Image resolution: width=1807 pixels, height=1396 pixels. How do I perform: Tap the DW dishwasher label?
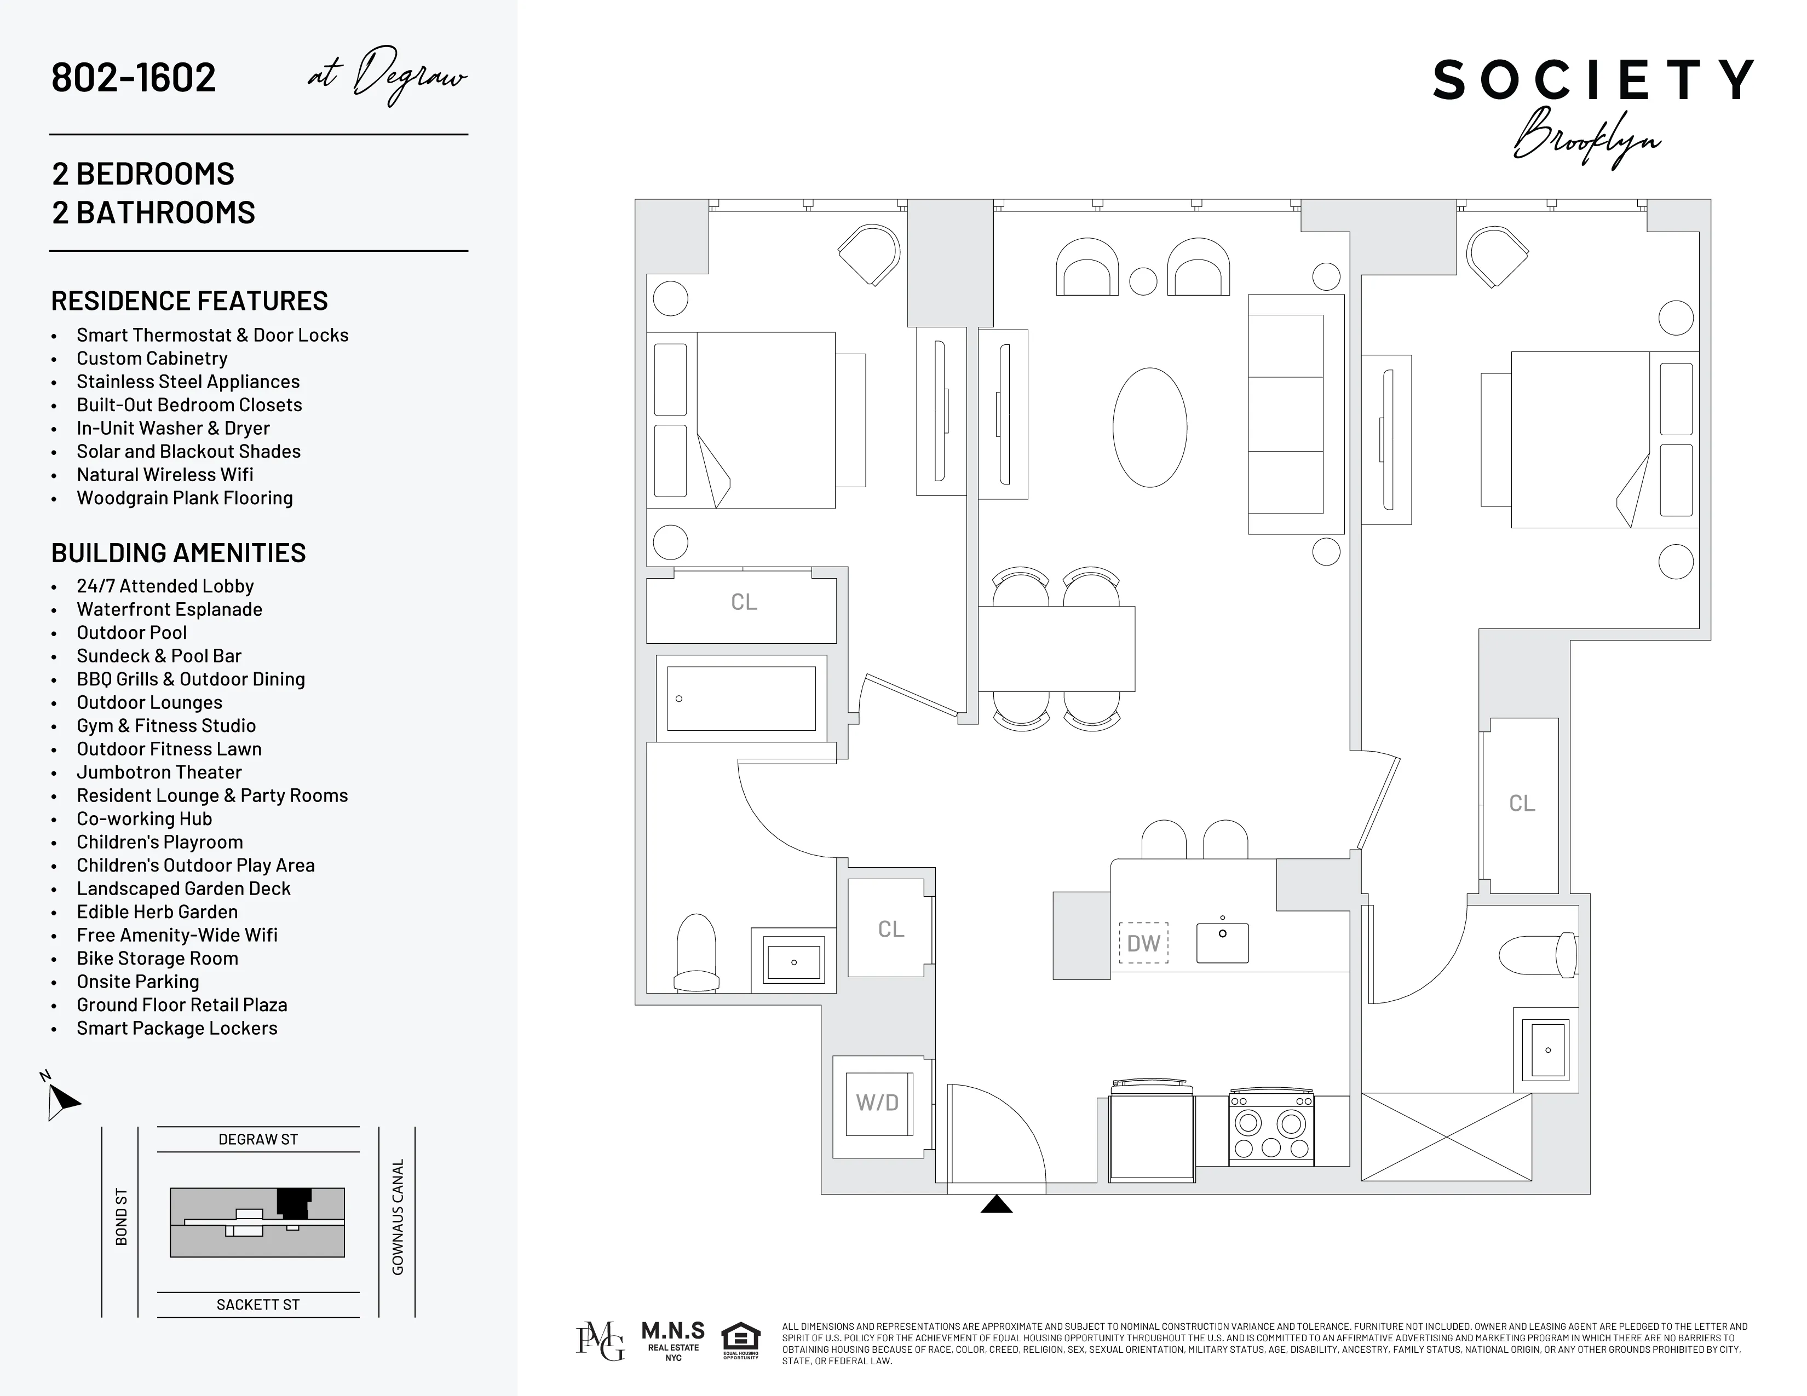(x=1143, y=943)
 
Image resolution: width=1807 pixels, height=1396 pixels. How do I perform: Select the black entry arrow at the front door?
(x=996, y=1204)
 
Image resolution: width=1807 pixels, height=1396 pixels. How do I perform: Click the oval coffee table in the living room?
(x=1149, y=428)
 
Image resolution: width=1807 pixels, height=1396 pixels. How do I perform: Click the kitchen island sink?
(x=1222, y=942)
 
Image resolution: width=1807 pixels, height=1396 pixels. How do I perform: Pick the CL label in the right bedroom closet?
(x=1522, y=803)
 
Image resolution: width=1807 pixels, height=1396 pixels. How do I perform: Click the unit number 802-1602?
(x=133, y=78)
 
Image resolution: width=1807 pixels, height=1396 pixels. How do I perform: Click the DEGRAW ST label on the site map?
(x=258, y=1139)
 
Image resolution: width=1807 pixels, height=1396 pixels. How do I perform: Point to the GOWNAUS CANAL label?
(x=397, y=1216)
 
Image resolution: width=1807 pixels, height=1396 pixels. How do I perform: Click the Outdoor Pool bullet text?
(x=131, y=633)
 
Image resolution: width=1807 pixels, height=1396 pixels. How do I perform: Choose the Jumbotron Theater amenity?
(x=159, y=772)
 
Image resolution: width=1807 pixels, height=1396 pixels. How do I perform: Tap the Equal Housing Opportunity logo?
(x=740, y=1341)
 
